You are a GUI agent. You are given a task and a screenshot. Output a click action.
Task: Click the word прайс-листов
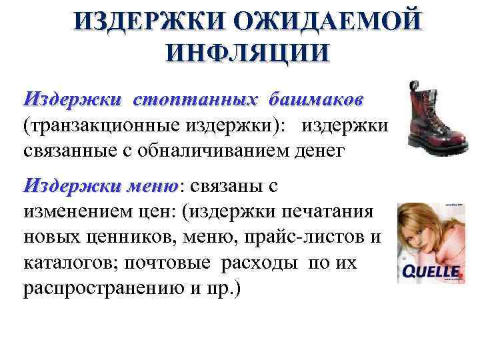[x=296, y=237]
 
